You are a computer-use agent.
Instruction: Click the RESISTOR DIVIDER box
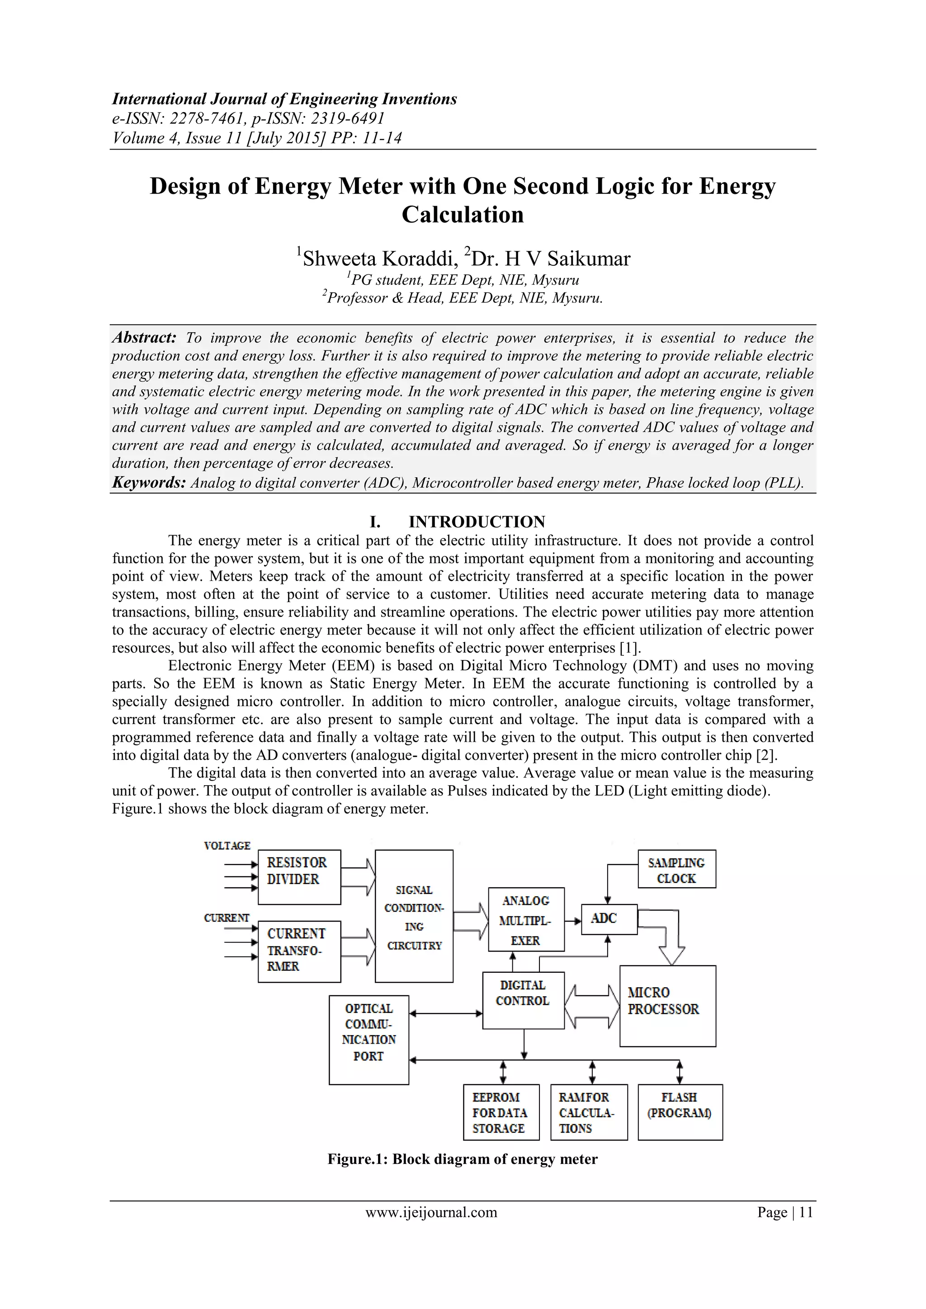pyautogui.click(x=299, y=877)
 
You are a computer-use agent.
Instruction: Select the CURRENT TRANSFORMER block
pyautogui.click(x=299, y=951)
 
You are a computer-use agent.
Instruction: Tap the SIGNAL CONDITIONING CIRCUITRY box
pyautogui.click(x=414, y=916)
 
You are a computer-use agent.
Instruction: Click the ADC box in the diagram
pyautogui.click(x=609, y=919)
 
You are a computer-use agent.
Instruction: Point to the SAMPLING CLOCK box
pyautogui.click(x=676, y=869)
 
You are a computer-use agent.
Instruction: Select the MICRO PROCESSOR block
pyautogui.click(x=667, y=1006)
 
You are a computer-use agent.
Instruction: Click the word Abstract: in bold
pyautogui.click(x=144, y=338)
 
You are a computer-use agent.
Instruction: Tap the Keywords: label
pyautogui.click(x=149, y=482)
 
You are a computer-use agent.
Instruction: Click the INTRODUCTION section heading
pyautogui.click(x=476, y=522)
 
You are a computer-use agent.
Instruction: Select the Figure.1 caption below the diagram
pyautogui.click(x=463, y=1159)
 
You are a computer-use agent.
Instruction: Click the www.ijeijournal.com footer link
pyautogui.click(x=431, y=1212)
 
